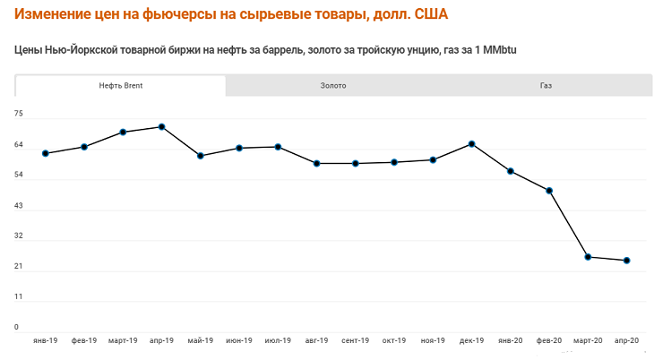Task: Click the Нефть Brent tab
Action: coord(121,86)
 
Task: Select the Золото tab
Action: coord(333,86)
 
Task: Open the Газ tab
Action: coord(546,86)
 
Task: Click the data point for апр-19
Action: coord(161,127)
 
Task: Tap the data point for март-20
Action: coord(588,257)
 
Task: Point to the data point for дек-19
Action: coord(471,144)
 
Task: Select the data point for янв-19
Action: coord(46,153)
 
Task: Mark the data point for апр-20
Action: coord(626,261)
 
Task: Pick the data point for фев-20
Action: coord(549,191)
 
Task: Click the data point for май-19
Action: coord(201,156)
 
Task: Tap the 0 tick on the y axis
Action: coord(17,328)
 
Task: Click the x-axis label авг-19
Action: coord(316,341)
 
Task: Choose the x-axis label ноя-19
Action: coord(433,341)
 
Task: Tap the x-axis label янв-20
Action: coord(510,341)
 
